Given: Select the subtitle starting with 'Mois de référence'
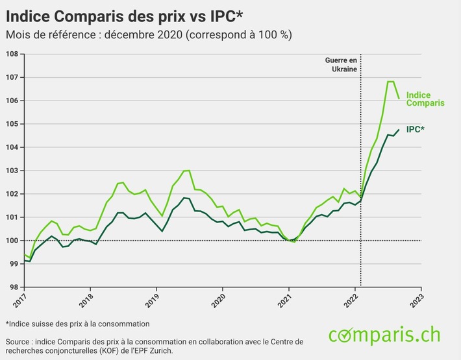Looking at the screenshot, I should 148,34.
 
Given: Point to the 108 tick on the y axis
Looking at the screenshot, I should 12,54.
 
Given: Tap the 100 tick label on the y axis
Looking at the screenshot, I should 12,241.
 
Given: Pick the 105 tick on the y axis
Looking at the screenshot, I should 12,124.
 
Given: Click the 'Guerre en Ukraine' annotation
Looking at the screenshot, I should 342,64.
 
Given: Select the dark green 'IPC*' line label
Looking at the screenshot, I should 416,130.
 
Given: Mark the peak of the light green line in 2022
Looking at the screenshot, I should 391,82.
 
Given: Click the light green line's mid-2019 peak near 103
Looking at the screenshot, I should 186,171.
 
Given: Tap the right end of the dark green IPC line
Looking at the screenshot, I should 399,130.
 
